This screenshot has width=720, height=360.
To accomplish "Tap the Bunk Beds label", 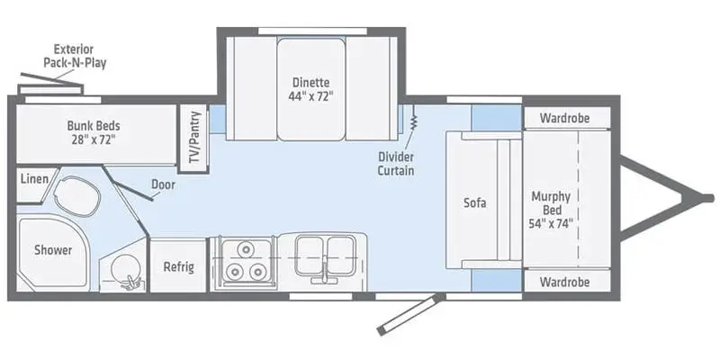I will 93,132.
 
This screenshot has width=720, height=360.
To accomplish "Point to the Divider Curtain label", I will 396,162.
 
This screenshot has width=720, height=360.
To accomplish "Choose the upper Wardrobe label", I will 564,118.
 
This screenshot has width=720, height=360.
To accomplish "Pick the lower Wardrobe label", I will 564,281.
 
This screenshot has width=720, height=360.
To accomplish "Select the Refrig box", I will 178,267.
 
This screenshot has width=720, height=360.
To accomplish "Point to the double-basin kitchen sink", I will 322,255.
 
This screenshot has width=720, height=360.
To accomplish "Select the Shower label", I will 53,250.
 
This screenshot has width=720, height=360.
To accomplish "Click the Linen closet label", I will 33,179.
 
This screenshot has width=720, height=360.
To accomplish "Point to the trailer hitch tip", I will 703,199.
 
